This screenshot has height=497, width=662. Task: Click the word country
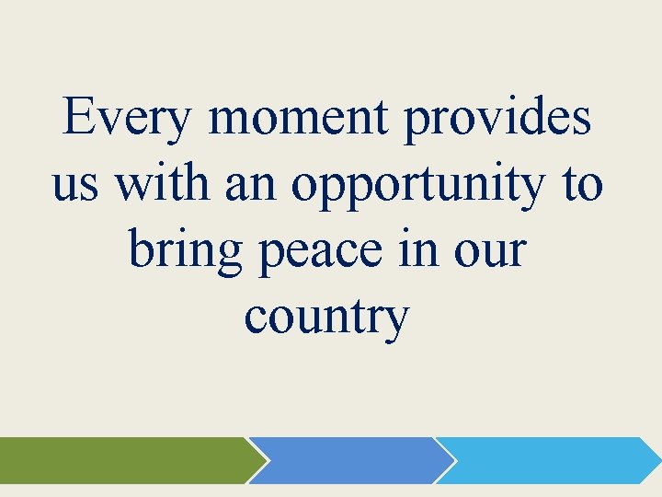coord(326,318)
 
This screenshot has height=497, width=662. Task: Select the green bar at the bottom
coord(120,460)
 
